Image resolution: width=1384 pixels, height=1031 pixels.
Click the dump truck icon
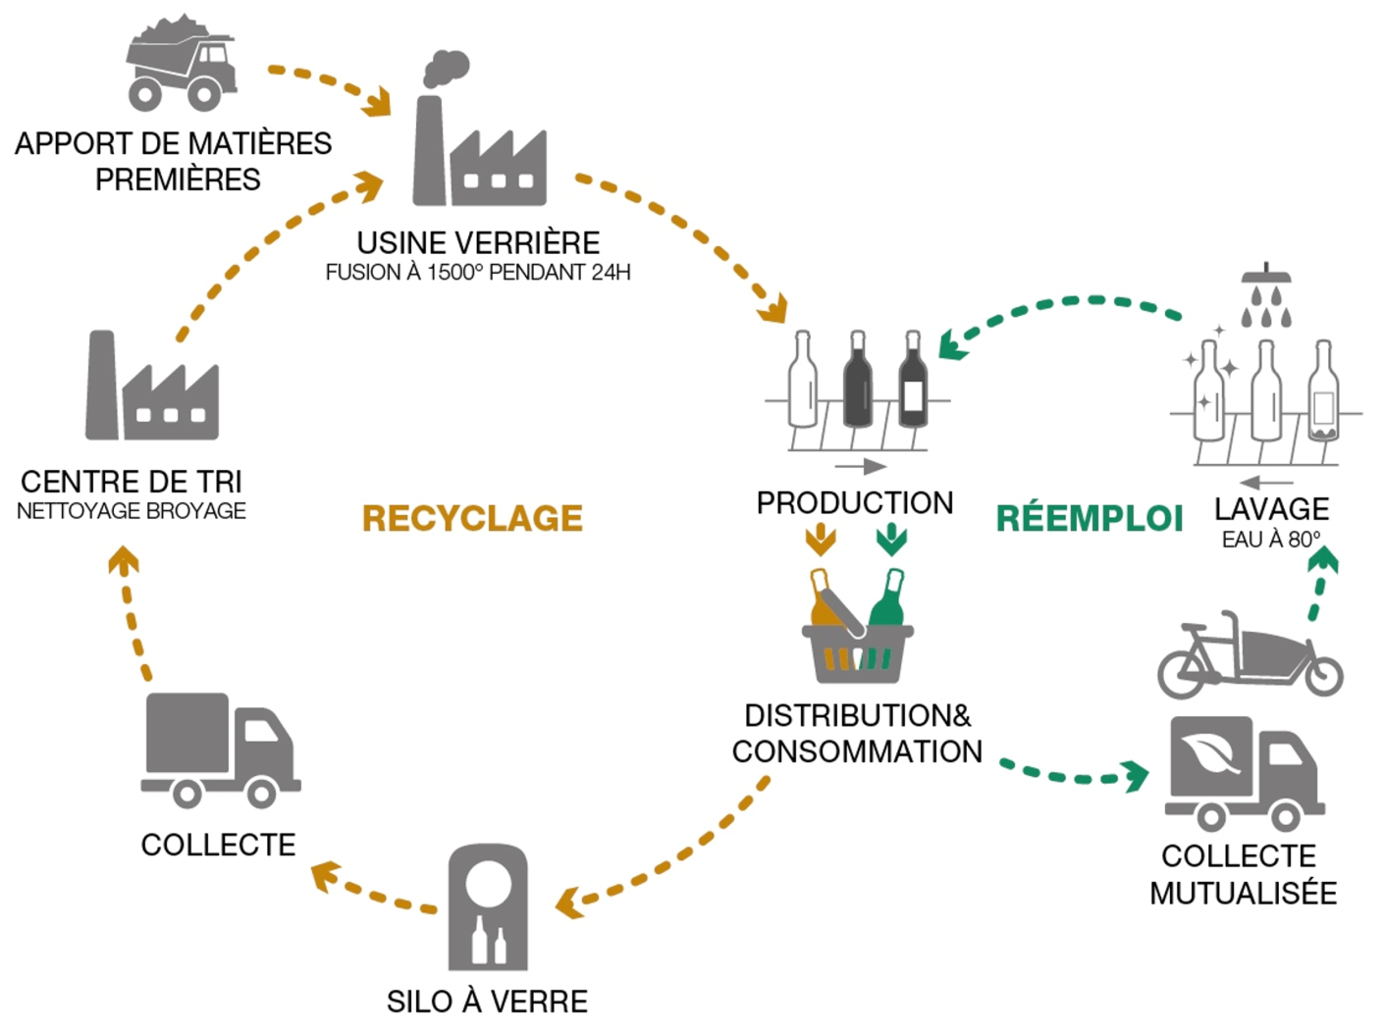183,63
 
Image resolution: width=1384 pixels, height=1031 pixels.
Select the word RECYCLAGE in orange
472,518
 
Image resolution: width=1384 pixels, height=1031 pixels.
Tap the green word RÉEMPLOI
1089,518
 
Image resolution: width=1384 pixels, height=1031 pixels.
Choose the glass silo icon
488,908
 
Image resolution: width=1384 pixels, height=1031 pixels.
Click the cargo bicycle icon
1249,655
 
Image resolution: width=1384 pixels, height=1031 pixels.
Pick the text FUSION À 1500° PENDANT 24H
478,273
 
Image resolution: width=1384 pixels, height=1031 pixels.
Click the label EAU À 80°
1271,540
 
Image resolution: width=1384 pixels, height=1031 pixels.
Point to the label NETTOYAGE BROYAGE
132,511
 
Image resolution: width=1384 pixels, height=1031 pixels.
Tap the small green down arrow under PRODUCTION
891,539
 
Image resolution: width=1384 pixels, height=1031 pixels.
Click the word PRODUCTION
854,502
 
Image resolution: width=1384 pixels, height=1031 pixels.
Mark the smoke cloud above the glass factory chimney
447,69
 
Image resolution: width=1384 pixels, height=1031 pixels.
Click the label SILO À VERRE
487,1002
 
